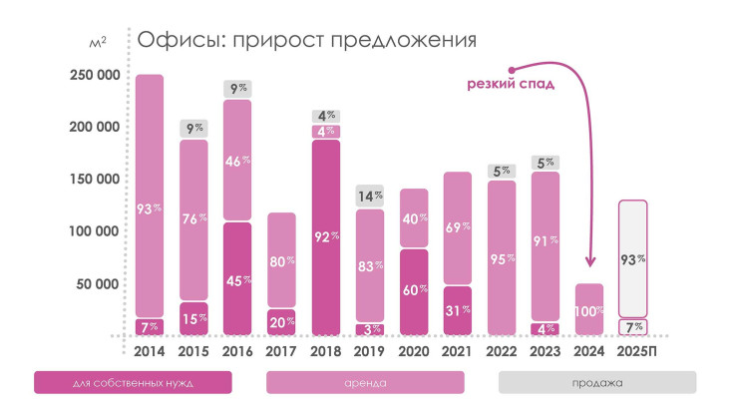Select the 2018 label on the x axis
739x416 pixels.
[327, 351]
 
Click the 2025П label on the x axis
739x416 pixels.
[633, 351]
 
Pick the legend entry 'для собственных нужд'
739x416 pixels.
[132, 383]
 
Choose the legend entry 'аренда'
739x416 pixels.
[365, 383]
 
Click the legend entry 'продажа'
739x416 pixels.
[597, 383]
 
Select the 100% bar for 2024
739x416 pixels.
[588, 310]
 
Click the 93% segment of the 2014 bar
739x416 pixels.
[149, 196]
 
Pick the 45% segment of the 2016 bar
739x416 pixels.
[236, 279]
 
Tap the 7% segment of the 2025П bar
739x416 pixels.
[633, 326]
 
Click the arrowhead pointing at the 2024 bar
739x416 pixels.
[589, 261]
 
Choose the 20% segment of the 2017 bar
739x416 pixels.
[282, 321]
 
